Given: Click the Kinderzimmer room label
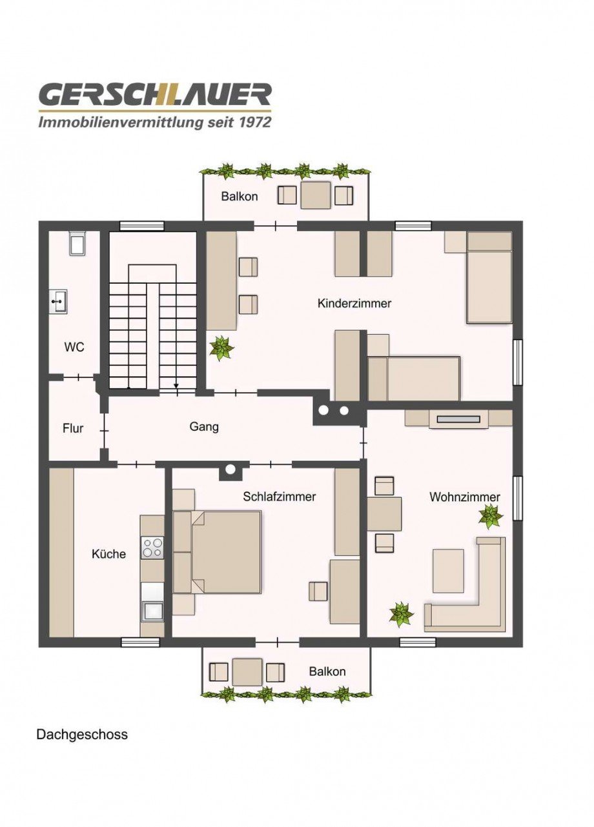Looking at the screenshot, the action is (354, 303).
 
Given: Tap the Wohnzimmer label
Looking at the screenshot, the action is (464, 497).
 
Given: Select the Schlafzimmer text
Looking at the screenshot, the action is (279, 497).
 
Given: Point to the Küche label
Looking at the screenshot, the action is (108, 553).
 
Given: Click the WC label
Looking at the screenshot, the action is (74, 347).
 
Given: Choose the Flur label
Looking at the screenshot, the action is (73, 428).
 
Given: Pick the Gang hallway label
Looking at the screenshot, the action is (204, 427).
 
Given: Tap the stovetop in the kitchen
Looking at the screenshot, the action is (152, 548).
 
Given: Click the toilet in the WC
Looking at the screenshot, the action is (77, 243).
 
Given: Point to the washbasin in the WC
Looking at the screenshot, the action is (58, 302).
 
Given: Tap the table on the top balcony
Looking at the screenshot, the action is (315, 195).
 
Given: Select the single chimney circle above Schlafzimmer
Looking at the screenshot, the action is (230, 470).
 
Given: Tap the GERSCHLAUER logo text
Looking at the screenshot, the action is (155, 94).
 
